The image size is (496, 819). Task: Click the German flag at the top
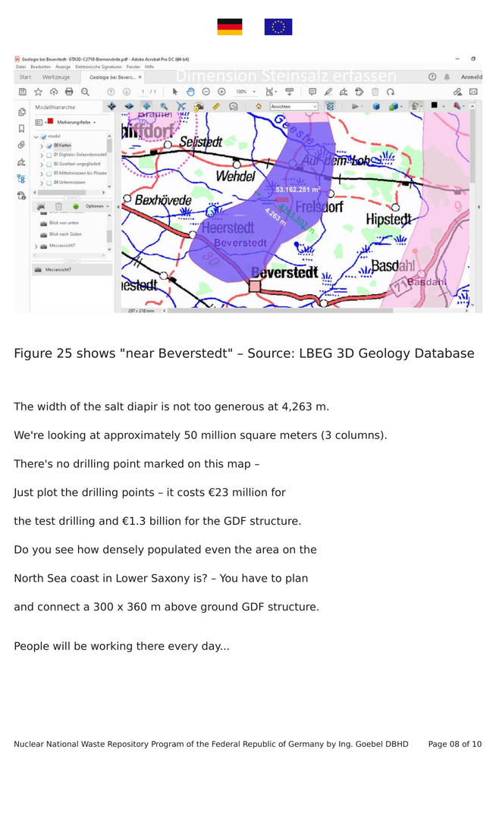230,27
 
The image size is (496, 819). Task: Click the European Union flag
278,27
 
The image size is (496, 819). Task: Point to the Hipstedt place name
388,219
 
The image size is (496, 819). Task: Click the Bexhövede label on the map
162,200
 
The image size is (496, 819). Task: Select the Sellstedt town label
201,142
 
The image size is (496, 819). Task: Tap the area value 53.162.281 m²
297,190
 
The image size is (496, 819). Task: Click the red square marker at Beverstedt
255,286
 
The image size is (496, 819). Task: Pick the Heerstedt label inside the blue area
228,227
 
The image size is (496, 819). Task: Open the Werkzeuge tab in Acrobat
56,77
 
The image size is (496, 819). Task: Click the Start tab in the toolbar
25,77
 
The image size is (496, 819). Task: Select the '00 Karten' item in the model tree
62,145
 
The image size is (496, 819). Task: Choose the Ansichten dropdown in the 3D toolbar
294,107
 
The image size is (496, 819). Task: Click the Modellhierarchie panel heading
55,108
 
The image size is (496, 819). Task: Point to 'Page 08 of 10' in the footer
454,744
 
